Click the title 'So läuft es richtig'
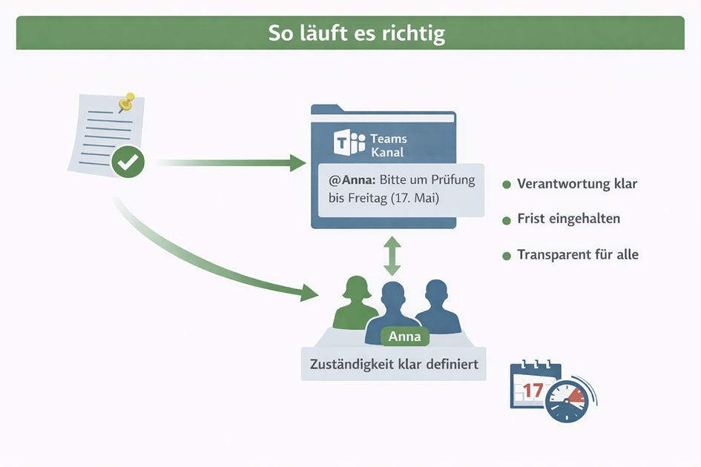[x=357, y=33]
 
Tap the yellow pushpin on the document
[x=127, y=102]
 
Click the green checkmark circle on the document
[x=128, y=162]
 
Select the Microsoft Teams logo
[x=349, y=142]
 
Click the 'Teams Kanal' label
[x=388, y=145]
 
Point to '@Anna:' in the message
[x=352, y=179]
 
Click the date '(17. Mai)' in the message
[x=415, y=197]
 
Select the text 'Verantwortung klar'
[x=577, y=184]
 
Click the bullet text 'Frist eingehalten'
[x=569, y=219]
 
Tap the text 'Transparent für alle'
[x=578, y=254]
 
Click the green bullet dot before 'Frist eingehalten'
[x=507, y=220]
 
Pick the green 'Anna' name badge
[x=404, y=337]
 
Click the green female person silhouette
[x=355, y=303]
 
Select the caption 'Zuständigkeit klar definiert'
[x=394, y=364]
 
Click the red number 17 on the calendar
[x=533, y=391]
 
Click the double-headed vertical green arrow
[x=392, y=256]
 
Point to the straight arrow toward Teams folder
[x=230, y=162]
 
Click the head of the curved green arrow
[x=309, y=293]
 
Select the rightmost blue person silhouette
[x=437, y=307]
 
